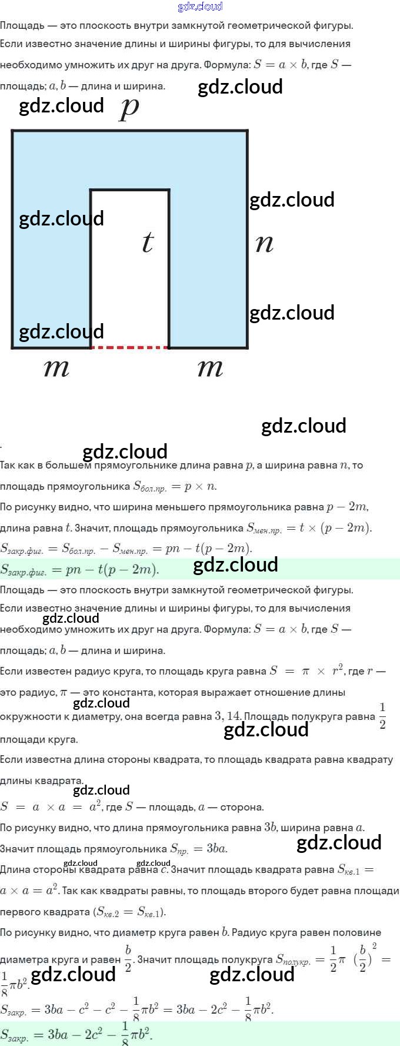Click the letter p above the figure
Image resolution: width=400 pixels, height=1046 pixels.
pyautogui.click(x=129, y=108)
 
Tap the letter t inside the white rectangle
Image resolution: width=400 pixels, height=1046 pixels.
pyautogui.click(x=148, y=242)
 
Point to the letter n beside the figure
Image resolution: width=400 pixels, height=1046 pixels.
pyautogui.click(x=265, y=243)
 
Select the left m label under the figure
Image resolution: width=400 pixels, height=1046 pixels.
pyautogui.click(x=56, y=368)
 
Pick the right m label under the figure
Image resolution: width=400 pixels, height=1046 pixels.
pyautogui.click(x=210, y=368)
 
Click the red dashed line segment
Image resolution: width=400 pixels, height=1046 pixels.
pyautogui.click(x=130, y=347)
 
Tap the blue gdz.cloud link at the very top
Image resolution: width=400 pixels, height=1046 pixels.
pyautogui.click(x=200, y=6)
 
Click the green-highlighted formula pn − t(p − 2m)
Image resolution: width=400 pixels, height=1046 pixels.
pyautogui.click(x=79, y=569)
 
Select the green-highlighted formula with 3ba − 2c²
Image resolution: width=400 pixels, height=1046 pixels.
pyautogui.click(x=76, y=1034)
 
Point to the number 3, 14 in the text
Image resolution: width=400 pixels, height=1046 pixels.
pyautogui.click(x=227, y=716)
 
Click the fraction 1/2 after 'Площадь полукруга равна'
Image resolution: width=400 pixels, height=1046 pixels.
pyautogui.click(x=382, y=715)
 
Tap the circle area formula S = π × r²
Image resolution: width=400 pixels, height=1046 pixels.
pyautogui.click(x=306, y=671)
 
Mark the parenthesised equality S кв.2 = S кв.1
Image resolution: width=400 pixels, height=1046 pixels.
pyautogui.click(x=130, y=912)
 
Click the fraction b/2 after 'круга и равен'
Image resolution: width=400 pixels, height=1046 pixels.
pyautogui.click(x=128, y=958)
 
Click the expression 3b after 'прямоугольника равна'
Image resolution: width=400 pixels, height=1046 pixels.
pyautogui.click(x=270, y=828)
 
